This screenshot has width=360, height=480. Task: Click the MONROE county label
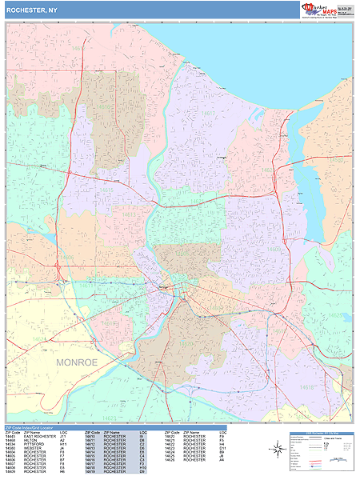pos(76,362)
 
